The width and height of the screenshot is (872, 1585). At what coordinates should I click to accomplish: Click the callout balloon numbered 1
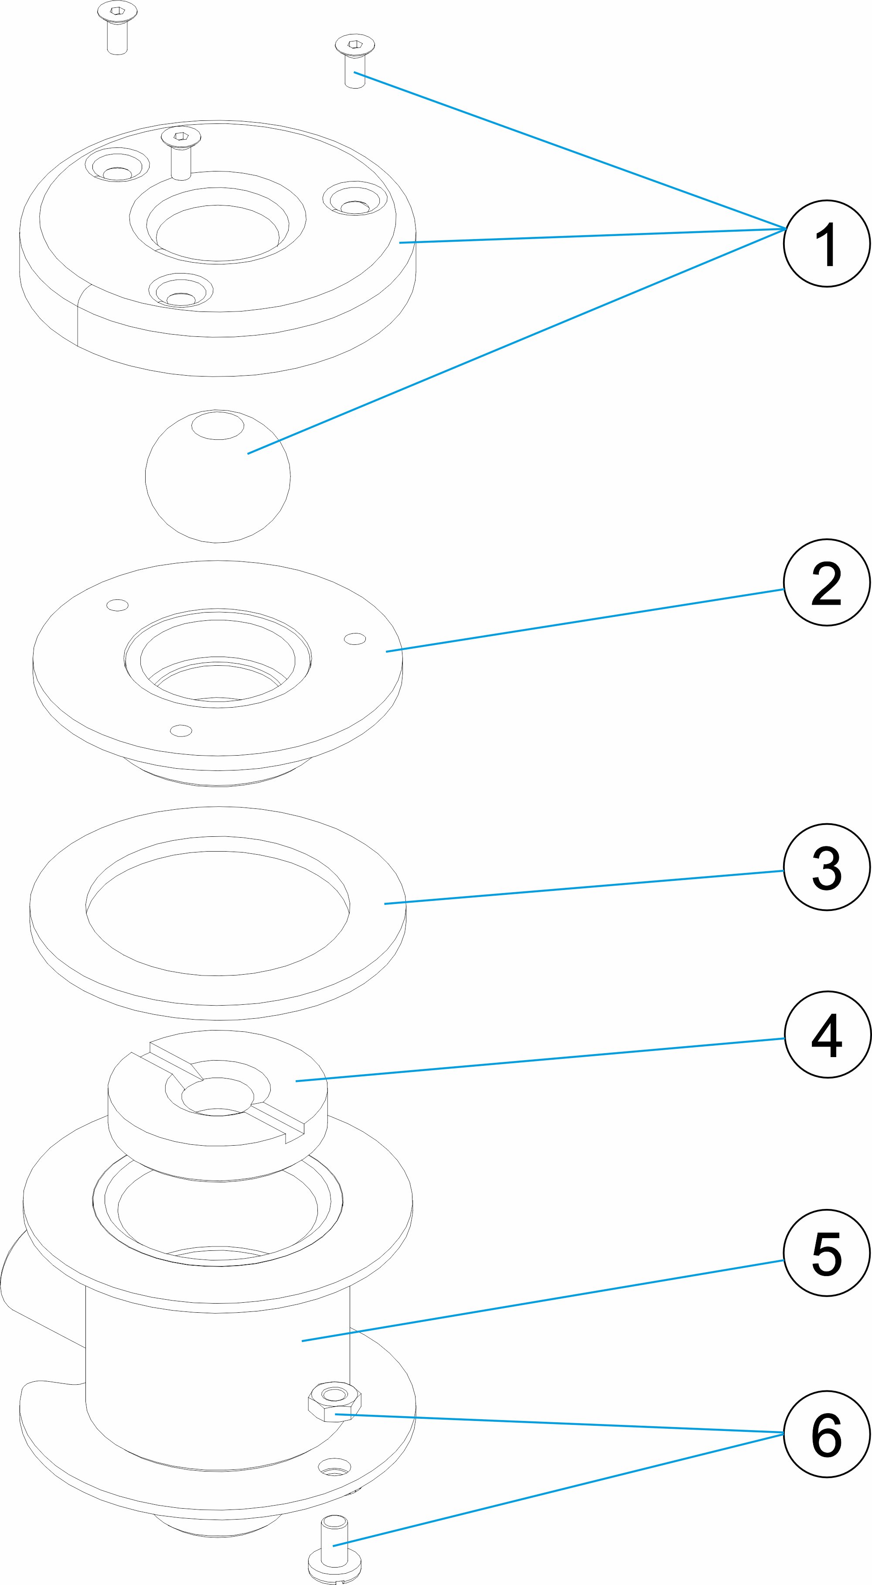click(x=827, y=243)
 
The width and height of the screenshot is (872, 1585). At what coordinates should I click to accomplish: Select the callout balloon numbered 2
click(x=827, y=582)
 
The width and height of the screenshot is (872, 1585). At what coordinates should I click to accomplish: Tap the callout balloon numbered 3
click(x=827, y=867)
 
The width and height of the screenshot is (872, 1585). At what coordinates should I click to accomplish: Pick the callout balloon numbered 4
click(x=827, y=1034)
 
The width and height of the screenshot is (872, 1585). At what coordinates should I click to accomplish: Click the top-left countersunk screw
click(x=117, y=27)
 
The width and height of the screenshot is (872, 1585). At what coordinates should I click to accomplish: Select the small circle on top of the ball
click(x=218, y=426)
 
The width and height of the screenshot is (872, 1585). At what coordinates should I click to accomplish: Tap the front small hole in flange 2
click(x=181, y=731)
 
